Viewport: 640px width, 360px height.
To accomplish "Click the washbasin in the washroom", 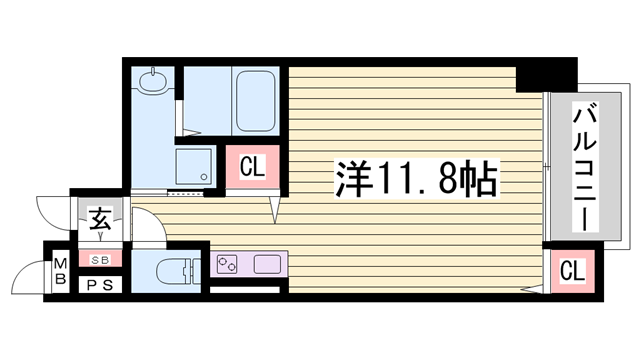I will tap(153, 81).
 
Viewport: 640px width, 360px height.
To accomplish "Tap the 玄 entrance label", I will tap(101, 219).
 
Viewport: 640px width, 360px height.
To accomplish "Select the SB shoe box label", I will tap(100, 259).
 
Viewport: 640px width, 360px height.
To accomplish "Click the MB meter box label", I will tap(60, 270).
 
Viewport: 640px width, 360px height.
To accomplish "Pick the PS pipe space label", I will tap(99, 285).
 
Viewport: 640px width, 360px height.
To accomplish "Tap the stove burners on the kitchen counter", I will tap(227, 265).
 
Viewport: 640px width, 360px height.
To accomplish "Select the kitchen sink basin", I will tap(267, 265).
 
